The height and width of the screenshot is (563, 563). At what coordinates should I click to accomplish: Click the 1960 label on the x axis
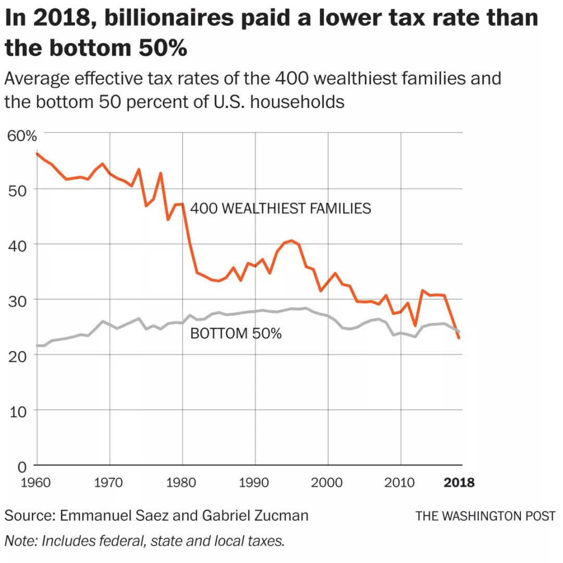36,482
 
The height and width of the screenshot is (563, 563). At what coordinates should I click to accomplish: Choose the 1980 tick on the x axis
182,482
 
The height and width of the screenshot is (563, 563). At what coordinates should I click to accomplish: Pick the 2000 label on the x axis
328,482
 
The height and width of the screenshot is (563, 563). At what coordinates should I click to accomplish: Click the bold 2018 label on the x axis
459,482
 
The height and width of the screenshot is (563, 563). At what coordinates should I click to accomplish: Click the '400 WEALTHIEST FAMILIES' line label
280,209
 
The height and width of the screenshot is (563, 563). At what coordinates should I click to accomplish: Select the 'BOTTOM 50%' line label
236,334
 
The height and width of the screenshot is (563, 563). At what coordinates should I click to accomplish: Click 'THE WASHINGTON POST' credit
485,516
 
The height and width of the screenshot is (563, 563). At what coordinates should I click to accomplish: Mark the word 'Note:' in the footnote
21,541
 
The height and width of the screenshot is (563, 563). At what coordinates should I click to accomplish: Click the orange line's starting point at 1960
36,153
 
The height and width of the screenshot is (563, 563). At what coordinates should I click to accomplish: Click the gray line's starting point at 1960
36,346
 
